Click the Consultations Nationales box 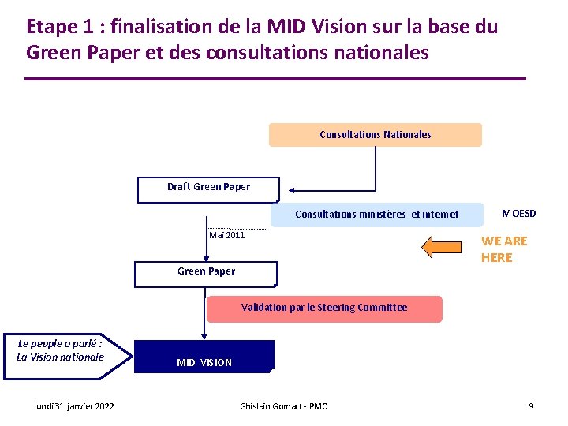pos(375,135)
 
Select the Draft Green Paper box pos(208,189)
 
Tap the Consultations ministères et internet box pos(376,215)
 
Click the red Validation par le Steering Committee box pos(324,308)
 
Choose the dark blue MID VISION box pos(204,357)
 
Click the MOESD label pos(518,214)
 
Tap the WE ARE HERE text pos(503,249)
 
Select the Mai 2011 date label pos(227,235)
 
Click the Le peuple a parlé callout pos(61,351)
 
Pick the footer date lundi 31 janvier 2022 pos(74,406)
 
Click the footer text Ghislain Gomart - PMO pos(284,406)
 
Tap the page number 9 pos(531,406)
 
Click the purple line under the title pos(275,79)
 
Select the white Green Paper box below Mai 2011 pos(206,273)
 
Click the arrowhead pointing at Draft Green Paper pos(290,189)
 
